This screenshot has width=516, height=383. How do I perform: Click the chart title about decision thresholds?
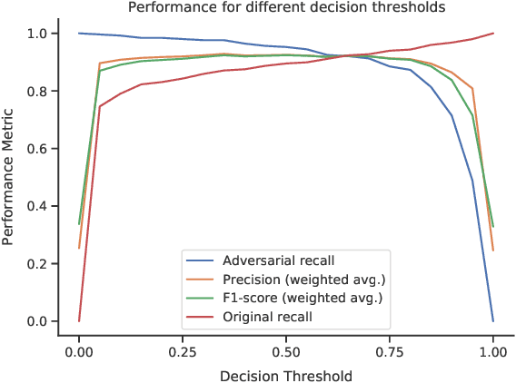coord(286,8)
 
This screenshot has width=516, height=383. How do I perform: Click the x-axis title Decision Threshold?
coord(286,373)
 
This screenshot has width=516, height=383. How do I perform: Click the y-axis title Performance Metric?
coord(10,177)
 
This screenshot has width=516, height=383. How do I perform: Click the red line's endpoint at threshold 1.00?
coord(493,34)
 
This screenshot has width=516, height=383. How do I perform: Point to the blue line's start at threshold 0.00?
coord(79,34)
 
